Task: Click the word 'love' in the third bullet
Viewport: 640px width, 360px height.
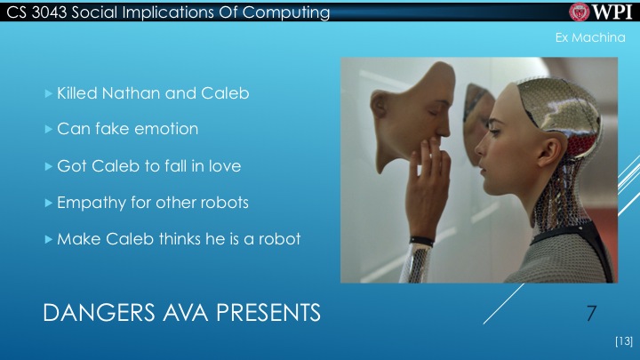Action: coord(221,165)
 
